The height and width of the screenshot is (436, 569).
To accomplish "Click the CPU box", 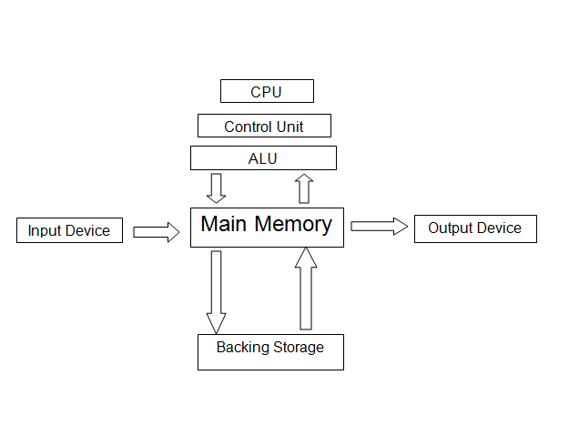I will (267, 91).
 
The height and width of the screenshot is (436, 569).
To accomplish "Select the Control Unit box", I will (263, 126).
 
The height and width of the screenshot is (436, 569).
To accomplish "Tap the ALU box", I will (263, 158).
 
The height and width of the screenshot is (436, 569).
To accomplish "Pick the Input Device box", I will (69, 230).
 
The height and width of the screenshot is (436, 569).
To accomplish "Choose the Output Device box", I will (474, 228).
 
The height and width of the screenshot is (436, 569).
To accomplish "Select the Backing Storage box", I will (270, 352).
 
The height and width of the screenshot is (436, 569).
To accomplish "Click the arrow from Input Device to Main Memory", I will (157, 232).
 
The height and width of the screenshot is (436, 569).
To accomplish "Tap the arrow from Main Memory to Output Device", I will (379, 227).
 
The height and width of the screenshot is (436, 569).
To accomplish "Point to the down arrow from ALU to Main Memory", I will (216, 188).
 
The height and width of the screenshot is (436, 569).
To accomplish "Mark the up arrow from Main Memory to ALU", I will (304, 188).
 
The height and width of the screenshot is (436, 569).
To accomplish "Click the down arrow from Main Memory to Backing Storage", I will (216, 291).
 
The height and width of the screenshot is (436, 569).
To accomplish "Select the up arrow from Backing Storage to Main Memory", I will (306, 289).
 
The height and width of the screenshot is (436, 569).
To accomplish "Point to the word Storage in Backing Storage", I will (297, 348).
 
